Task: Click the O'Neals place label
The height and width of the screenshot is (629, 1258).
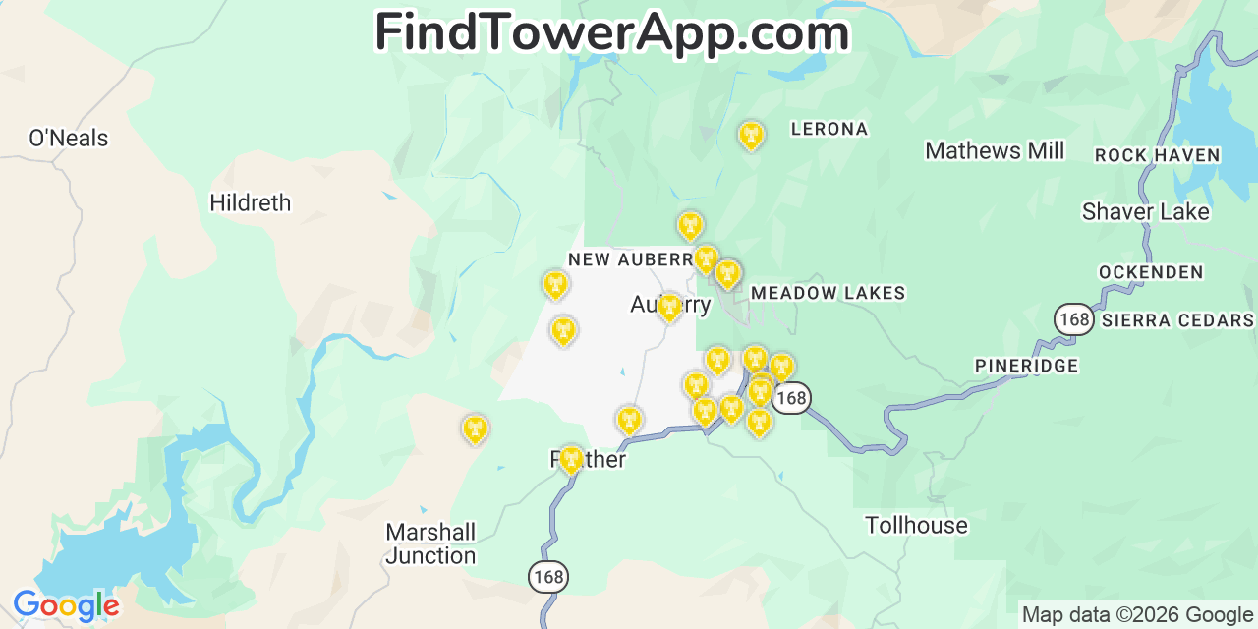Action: [68, 139]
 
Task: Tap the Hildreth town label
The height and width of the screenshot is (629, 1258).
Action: [251, 203]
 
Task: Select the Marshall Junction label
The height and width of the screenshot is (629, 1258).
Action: [430, 543]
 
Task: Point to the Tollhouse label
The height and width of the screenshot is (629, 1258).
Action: [916, 526]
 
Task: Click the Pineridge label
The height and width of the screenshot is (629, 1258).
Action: [1026, 366]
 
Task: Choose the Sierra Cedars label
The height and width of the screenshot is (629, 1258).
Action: [1177, 320]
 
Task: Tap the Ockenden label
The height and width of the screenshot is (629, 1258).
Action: [1151, 272]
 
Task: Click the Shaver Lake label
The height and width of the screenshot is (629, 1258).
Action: [1145, 212]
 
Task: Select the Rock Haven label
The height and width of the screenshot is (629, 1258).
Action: [1157, 155]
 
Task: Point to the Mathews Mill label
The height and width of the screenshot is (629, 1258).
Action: [995, 151]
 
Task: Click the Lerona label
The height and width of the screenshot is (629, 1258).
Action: [829, 129]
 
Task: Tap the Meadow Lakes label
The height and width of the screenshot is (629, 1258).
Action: [828, 293]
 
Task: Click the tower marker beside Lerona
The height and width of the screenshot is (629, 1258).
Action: [752, 135]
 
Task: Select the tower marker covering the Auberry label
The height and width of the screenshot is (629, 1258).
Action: [669, 308]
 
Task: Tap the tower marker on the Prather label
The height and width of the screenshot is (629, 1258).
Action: [571, 458]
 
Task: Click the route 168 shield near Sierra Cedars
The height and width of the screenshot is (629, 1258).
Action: [1074, 319]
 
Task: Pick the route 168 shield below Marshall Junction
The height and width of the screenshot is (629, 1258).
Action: [547, 577]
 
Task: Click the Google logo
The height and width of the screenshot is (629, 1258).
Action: [66, 605]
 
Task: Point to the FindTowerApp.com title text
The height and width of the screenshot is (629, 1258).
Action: [611, 32]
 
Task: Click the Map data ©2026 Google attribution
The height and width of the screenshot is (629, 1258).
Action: [1137, 615]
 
